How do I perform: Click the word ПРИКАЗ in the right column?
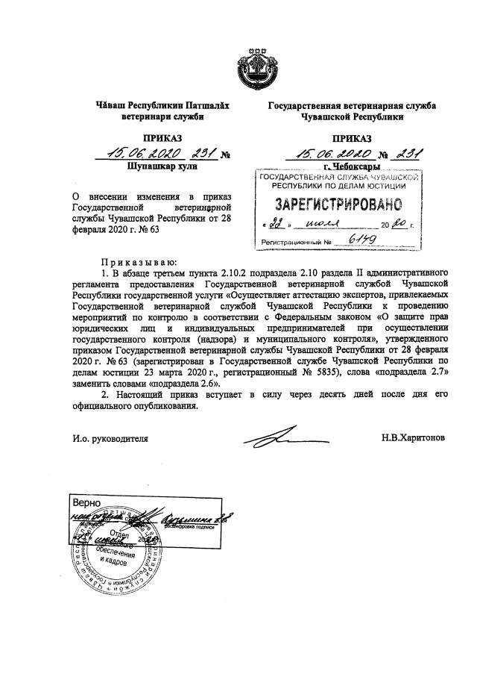pos(351,138)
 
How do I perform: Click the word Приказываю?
pos(139,263)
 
